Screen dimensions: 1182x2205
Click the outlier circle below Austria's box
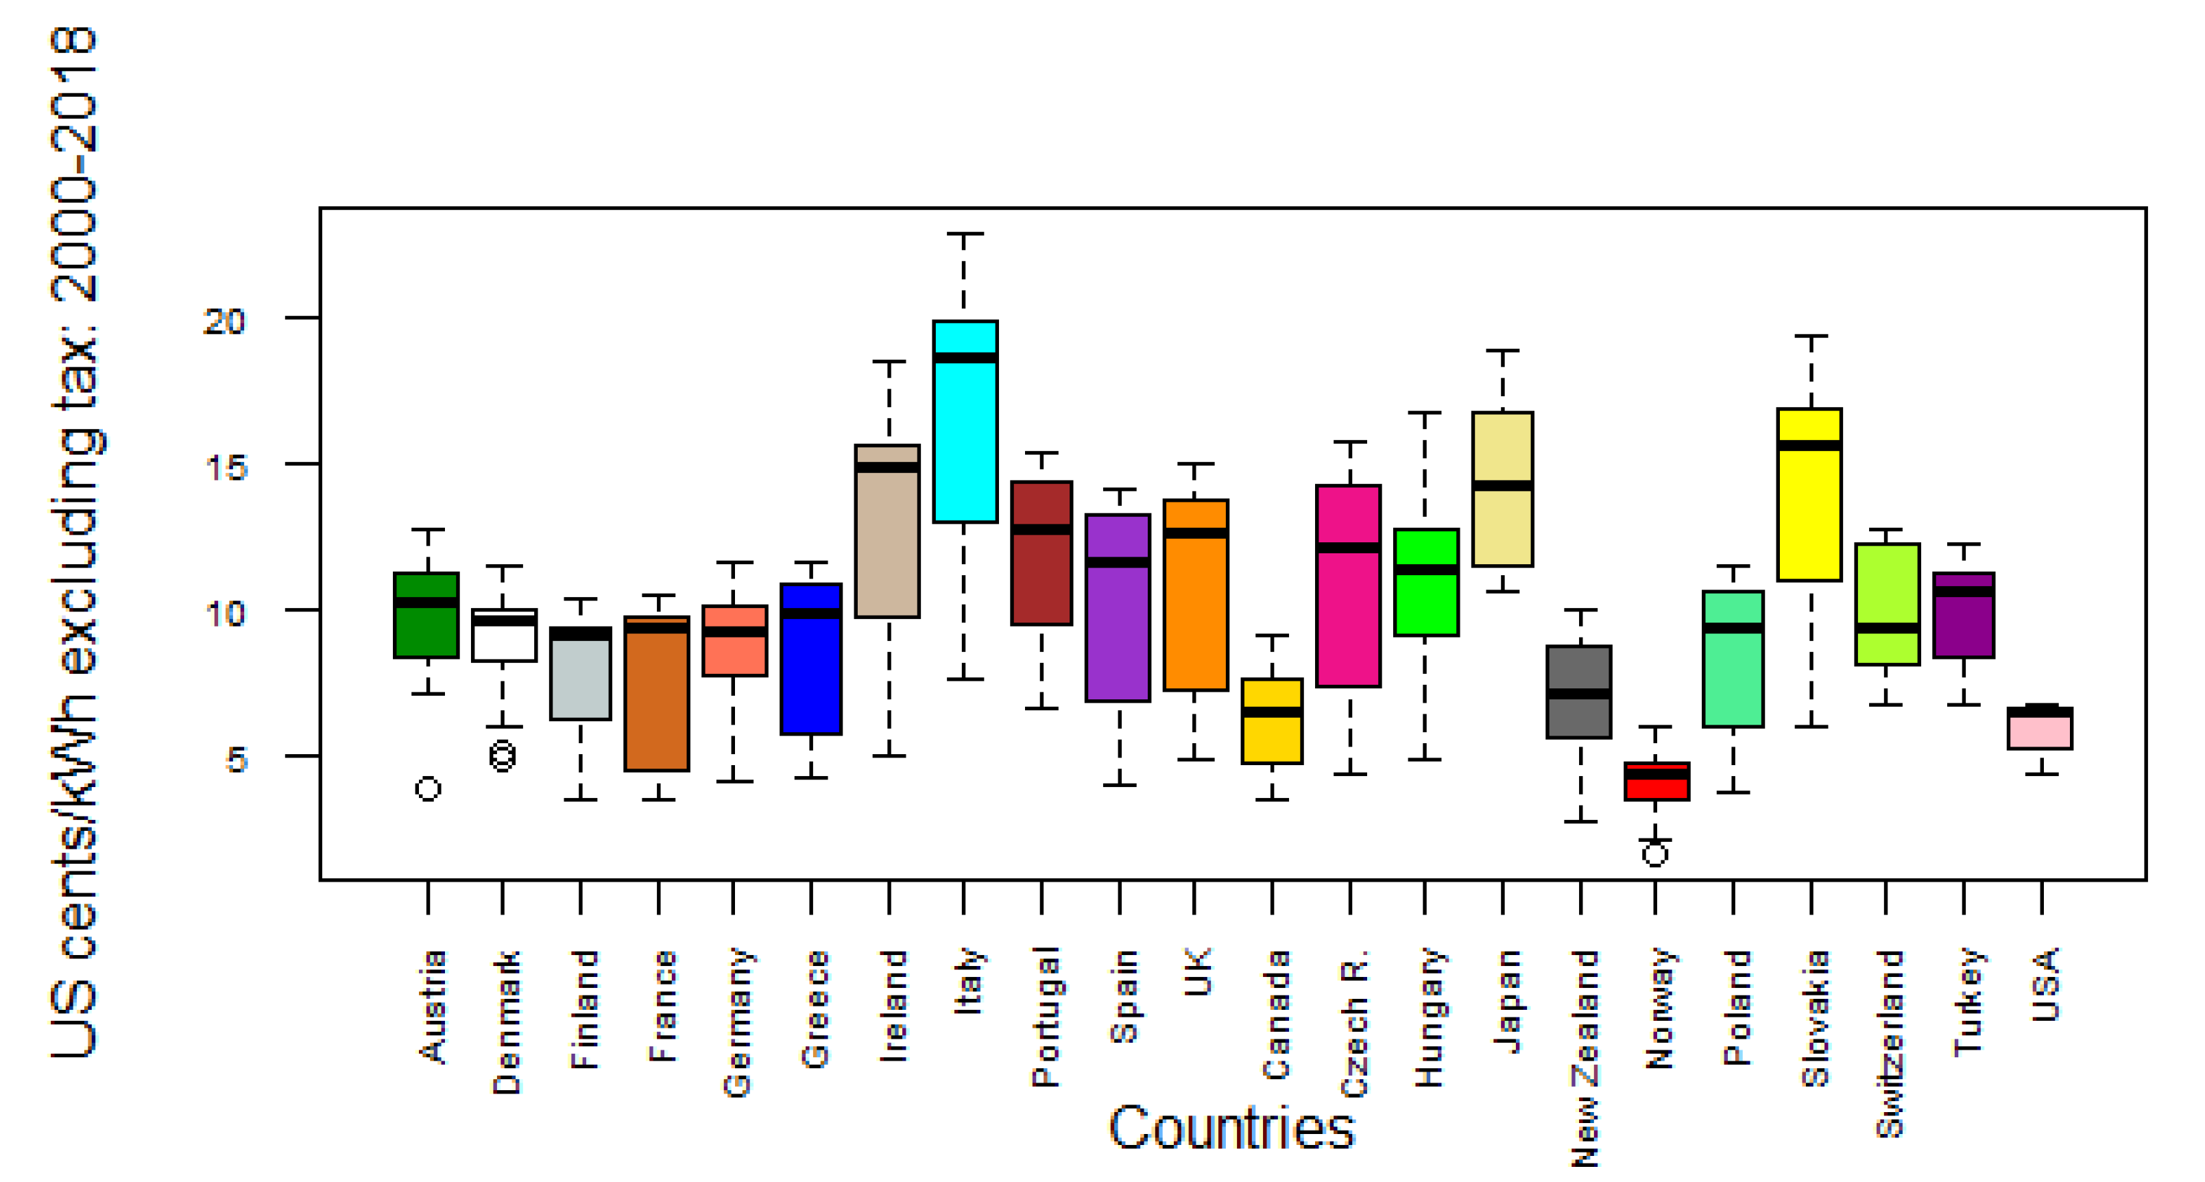[428, 788]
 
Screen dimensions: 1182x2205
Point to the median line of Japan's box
[1502, 485]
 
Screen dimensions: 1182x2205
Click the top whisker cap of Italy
[964, 233]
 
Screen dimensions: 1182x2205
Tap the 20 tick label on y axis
[224, 321]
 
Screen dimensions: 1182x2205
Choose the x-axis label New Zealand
[1585, 1057]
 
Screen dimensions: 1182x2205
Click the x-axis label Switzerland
[1888, 1043]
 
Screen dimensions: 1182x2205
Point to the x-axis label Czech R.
[1353, 1023]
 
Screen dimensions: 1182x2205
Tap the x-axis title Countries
[1231, 1128]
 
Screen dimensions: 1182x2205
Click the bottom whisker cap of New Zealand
[1580, 821]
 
